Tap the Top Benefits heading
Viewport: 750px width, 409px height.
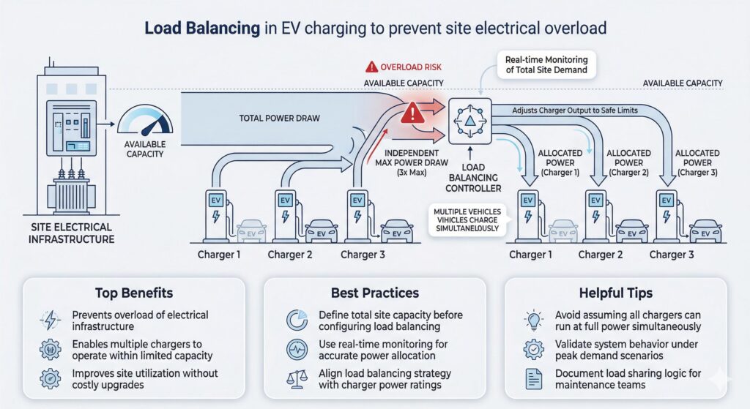pos(134,293)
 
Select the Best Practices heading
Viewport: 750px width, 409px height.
pos(374,293)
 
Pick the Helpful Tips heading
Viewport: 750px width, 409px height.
pos(615,293)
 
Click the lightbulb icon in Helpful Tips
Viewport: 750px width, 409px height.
pos(533,320)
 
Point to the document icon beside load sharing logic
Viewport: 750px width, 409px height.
pos(533,378)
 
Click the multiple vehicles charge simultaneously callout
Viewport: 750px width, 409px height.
pos(466,219)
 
